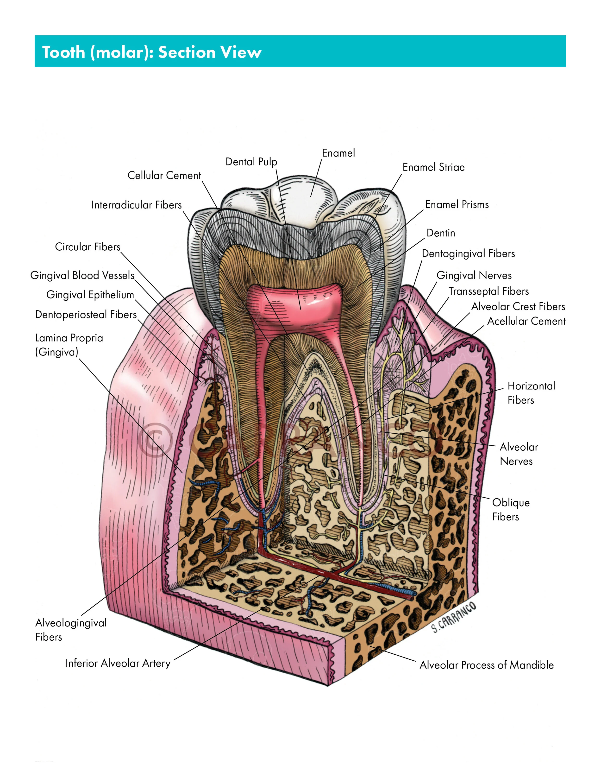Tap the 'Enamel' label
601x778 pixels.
pos(338,153)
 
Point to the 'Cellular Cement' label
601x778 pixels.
pos(164,175)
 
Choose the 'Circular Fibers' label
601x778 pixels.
pos(88,247)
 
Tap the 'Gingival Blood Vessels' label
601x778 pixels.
pos(82,275)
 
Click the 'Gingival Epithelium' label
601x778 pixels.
pos(90,295)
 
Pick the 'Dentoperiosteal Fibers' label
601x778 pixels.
pos(86,315)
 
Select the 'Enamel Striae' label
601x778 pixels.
pos(433,167)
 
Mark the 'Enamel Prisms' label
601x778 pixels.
pos(457,204)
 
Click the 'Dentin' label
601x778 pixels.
pos(441,233)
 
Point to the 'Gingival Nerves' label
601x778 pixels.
pos(474,275)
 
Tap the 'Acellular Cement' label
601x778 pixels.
pos(526,321)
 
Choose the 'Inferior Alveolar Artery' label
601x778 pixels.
pos(118,663)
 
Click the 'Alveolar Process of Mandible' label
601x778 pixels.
pos(486,665)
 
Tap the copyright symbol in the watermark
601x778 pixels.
pos(156,440)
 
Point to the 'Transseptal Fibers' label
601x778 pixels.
pos(488,291)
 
